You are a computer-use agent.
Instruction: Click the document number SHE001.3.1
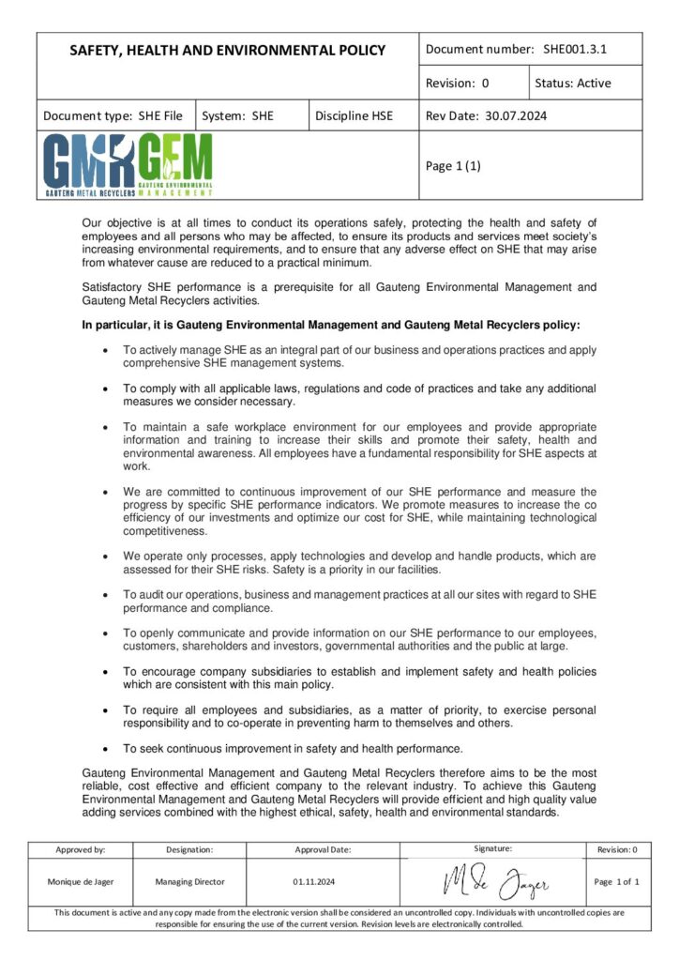pos(576,49)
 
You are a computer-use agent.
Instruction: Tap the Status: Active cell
pos(572,83)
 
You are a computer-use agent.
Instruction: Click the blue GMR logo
pos(89,165)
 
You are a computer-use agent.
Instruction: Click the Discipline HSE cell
pos(355,116)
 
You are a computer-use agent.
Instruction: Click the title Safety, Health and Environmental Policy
pos(227,50)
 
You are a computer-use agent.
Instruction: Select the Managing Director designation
pos(189,882)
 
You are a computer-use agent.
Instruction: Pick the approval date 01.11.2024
pos(314,882)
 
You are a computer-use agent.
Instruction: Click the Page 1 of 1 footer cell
pos(617,882)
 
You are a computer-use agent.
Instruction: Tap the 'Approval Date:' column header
pos(323,849)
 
